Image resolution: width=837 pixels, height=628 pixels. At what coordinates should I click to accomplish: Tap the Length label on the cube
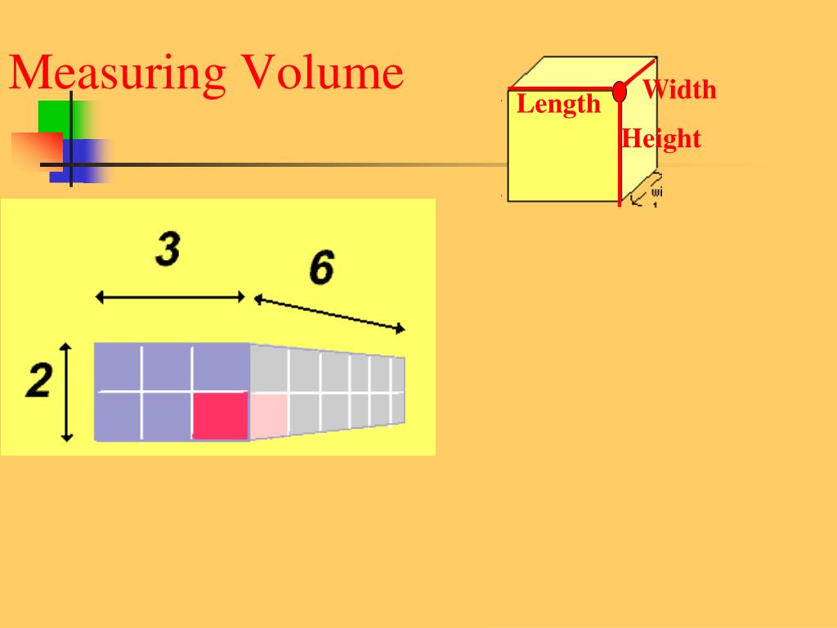558,105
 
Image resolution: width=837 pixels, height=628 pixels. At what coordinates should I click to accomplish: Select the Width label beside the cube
679,89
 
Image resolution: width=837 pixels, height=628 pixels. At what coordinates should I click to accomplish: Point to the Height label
661,138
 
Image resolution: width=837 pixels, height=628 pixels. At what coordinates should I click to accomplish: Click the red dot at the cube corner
620,90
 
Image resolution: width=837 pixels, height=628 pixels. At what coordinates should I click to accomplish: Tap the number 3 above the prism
168,249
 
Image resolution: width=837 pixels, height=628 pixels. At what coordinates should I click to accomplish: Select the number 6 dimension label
321,267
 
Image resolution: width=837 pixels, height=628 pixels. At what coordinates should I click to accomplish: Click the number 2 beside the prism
38,382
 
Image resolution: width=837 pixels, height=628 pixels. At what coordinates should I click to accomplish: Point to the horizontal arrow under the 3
170,297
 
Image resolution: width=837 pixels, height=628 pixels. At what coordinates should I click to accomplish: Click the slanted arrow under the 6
329,313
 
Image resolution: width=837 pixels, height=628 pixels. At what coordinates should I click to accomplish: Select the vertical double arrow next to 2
68,392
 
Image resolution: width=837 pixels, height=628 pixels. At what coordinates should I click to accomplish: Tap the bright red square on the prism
220,415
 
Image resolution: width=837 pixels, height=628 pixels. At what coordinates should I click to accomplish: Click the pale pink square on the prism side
268,415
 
